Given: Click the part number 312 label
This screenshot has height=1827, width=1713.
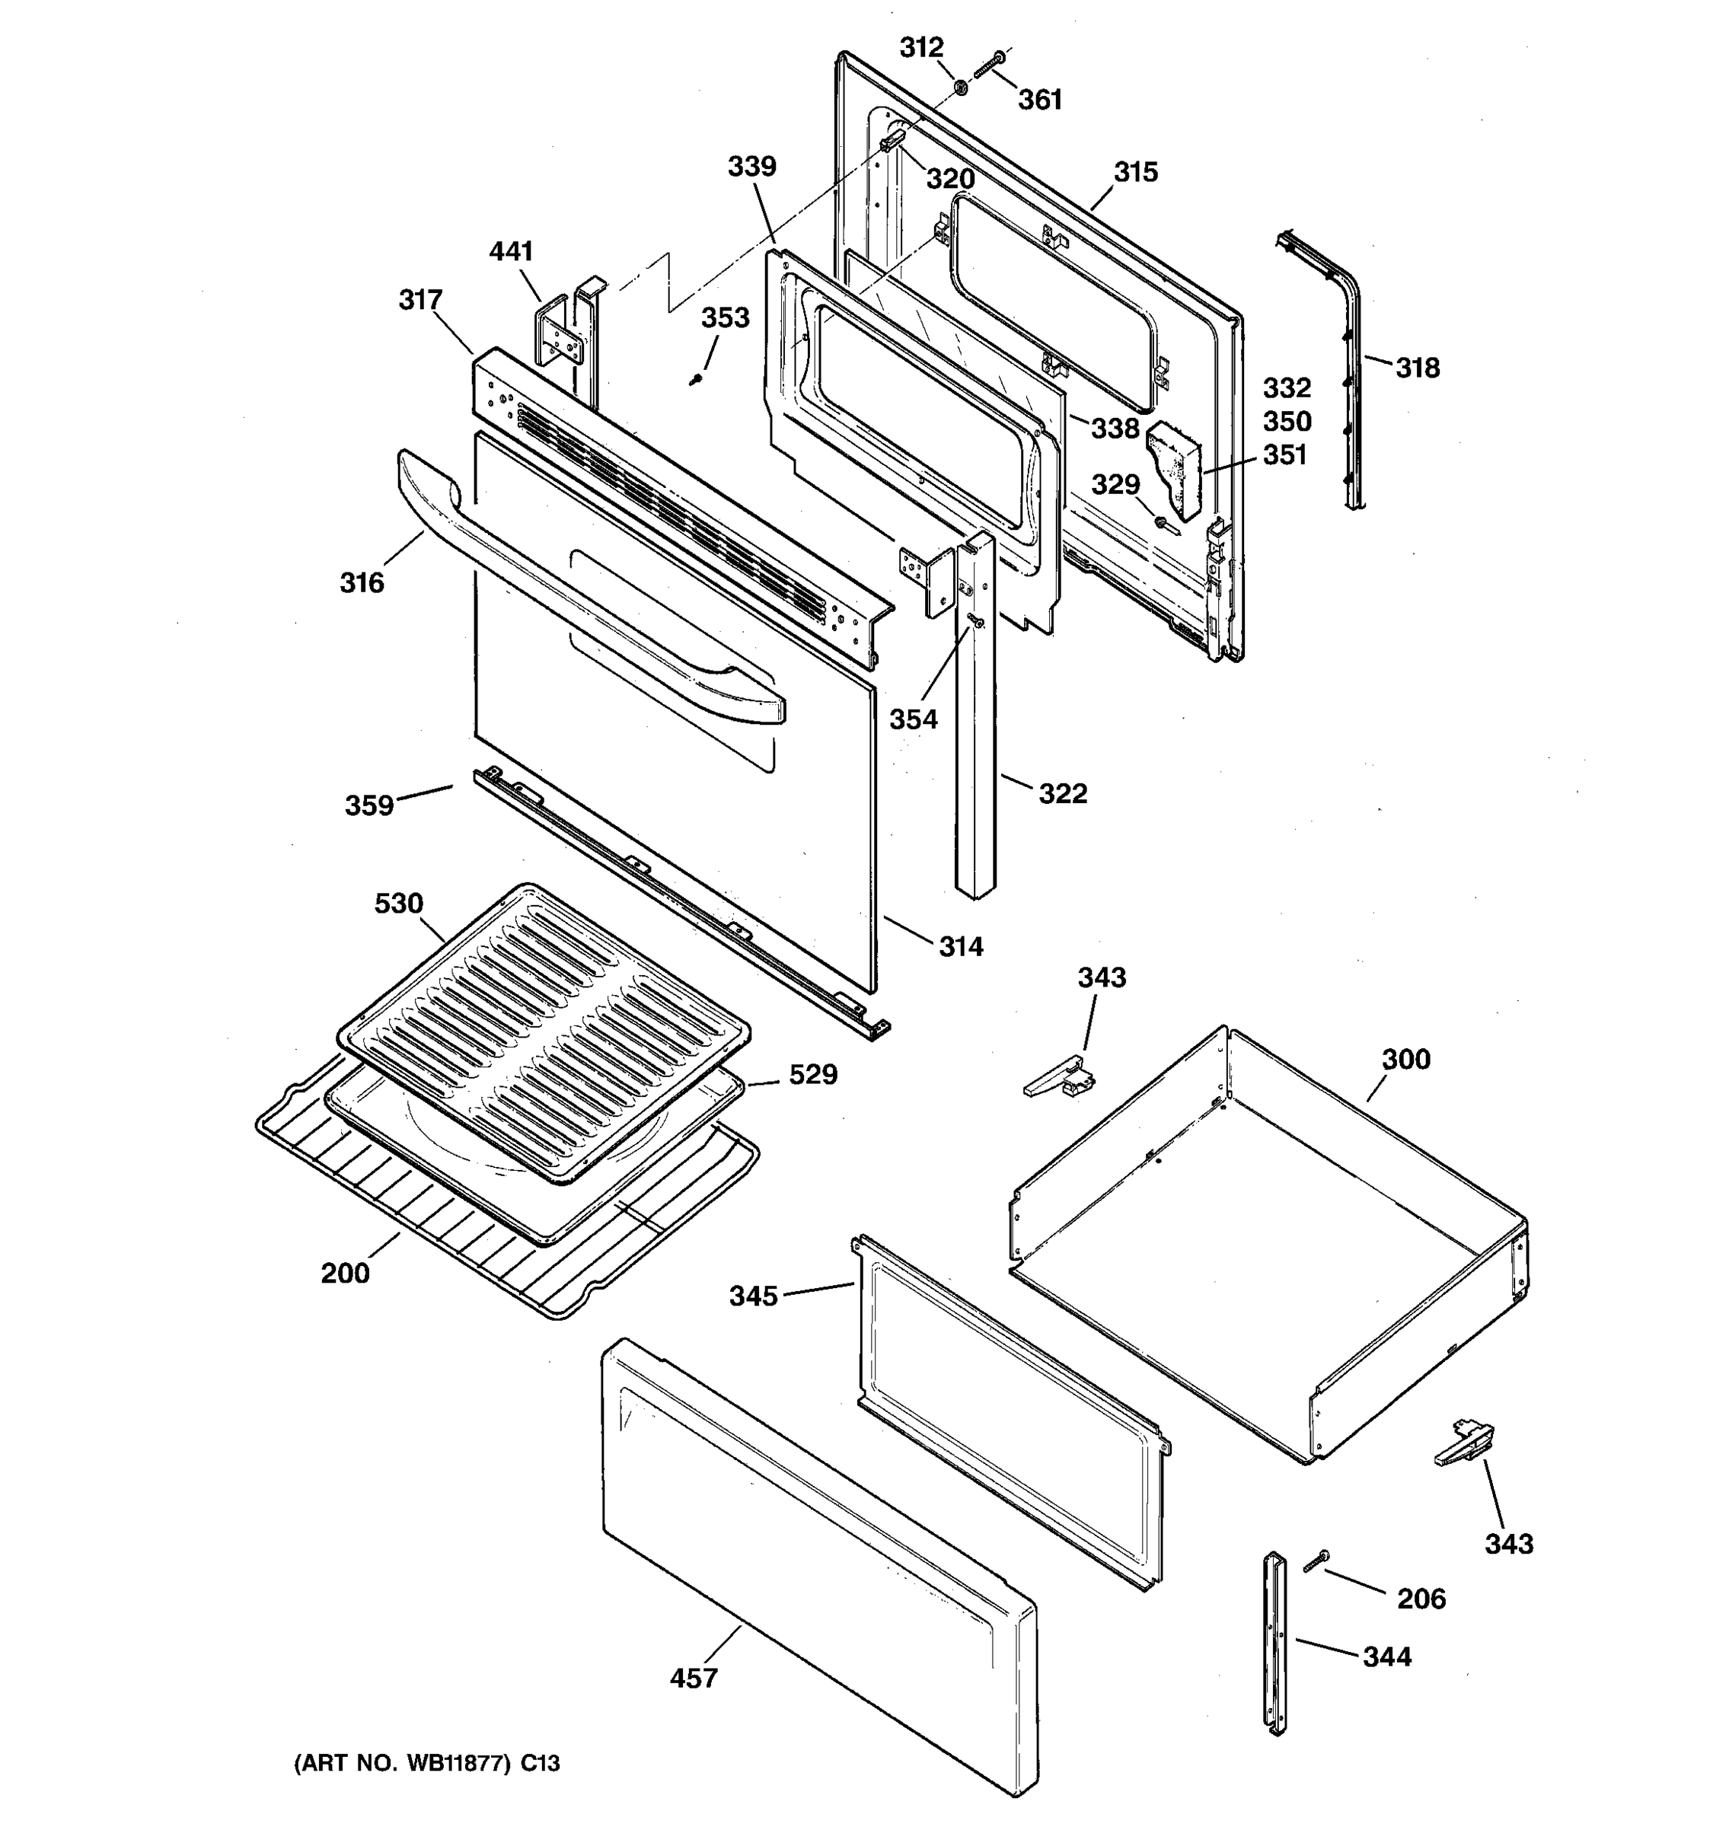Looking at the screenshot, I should pos(920,47).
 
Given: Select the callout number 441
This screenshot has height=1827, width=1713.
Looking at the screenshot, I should pos(511,251).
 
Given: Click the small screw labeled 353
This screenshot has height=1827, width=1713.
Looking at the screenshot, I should pos(697,378).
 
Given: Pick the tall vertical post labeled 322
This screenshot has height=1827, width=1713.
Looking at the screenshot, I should pos(975,735).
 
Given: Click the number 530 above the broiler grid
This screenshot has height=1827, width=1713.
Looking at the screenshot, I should pos(399,904).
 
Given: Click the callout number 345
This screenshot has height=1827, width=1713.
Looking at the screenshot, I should pos(754,1296).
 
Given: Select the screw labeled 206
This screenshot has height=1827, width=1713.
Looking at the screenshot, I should pos(1316,1584).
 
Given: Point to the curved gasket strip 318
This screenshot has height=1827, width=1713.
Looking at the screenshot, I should pos(1346,368).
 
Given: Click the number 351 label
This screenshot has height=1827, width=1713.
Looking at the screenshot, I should pos(1285,455).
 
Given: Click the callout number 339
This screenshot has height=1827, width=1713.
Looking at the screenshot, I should pos(751,167).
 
